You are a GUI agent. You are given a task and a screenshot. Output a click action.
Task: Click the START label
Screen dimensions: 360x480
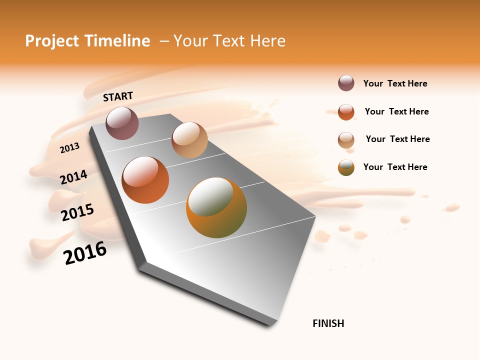click(118, 96)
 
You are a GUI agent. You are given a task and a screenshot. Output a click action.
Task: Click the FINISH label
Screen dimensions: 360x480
click(328, 323)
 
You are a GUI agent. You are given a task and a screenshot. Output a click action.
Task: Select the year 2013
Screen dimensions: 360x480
click(70, 147)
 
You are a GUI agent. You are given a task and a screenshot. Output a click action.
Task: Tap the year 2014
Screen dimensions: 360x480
click(74, 177)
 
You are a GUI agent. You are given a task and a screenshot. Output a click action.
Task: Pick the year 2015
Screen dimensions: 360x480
click(77, 212)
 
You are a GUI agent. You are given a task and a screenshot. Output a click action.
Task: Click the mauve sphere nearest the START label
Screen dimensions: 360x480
click(122, 123)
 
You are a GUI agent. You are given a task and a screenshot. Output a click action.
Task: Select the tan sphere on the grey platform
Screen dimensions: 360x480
click(189, 140)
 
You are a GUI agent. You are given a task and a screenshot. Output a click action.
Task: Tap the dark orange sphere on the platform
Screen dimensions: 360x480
click(145, 180)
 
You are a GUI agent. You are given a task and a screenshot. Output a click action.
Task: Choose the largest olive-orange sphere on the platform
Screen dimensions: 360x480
click(216, 207)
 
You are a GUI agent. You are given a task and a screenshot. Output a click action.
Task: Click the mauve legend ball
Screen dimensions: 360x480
click(346, 83)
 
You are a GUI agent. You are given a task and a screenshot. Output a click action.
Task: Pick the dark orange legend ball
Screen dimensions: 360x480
click(346, 112)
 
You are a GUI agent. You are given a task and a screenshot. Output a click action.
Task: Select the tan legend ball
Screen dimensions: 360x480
click(346, 140)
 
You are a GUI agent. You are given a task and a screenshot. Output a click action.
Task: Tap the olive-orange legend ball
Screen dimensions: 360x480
click(346, 167)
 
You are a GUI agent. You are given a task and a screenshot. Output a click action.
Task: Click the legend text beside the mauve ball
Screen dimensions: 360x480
click(395, 84)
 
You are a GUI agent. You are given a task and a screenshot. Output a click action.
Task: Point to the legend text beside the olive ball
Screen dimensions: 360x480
click(395, 167)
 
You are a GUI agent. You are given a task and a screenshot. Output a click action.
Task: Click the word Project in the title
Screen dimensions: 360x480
click(52, 41)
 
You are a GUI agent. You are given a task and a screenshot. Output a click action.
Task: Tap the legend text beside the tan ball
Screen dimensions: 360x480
click(397, 139)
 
